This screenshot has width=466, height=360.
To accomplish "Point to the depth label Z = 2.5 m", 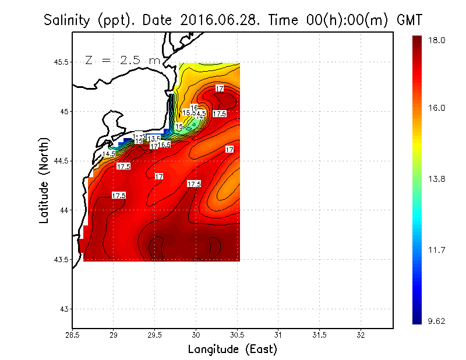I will click(123, 60).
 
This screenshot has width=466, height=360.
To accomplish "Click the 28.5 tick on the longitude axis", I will click(72, 336).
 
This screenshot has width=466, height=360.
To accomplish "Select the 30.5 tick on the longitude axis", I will click(237, 336).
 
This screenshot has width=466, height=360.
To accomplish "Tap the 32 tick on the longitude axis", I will click(361, 336).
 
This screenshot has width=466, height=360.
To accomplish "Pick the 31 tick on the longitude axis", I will click(278, 336).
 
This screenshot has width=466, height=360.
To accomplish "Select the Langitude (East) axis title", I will click(232, 350).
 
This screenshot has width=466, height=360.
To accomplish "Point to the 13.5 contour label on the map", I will click(154, 139).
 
